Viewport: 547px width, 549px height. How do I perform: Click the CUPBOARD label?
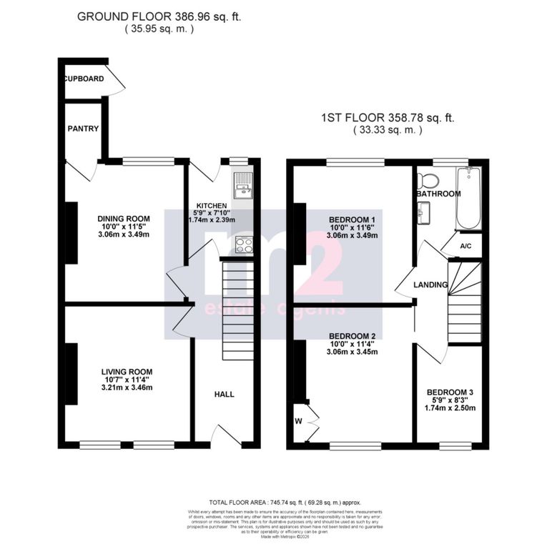pos(84,79)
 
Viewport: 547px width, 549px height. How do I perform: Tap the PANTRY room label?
pos(83,129)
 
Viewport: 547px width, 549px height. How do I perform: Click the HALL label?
pos(225,394)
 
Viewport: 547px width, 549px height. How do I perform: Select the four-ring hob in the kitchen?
pos(243,244)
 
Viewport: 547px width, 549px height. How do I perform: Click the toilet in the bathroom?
pos(429,179)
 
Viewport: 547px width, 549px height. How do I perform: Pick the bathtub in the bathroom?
pos(468,198)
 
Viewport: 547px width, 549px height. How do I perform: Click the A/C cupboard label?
pos(465,247)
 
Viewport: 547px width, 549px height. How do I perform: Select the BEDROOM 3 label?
pos(450,392)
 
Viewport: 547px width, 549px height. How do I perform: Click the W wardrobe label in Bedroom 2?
pos(298,420)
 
